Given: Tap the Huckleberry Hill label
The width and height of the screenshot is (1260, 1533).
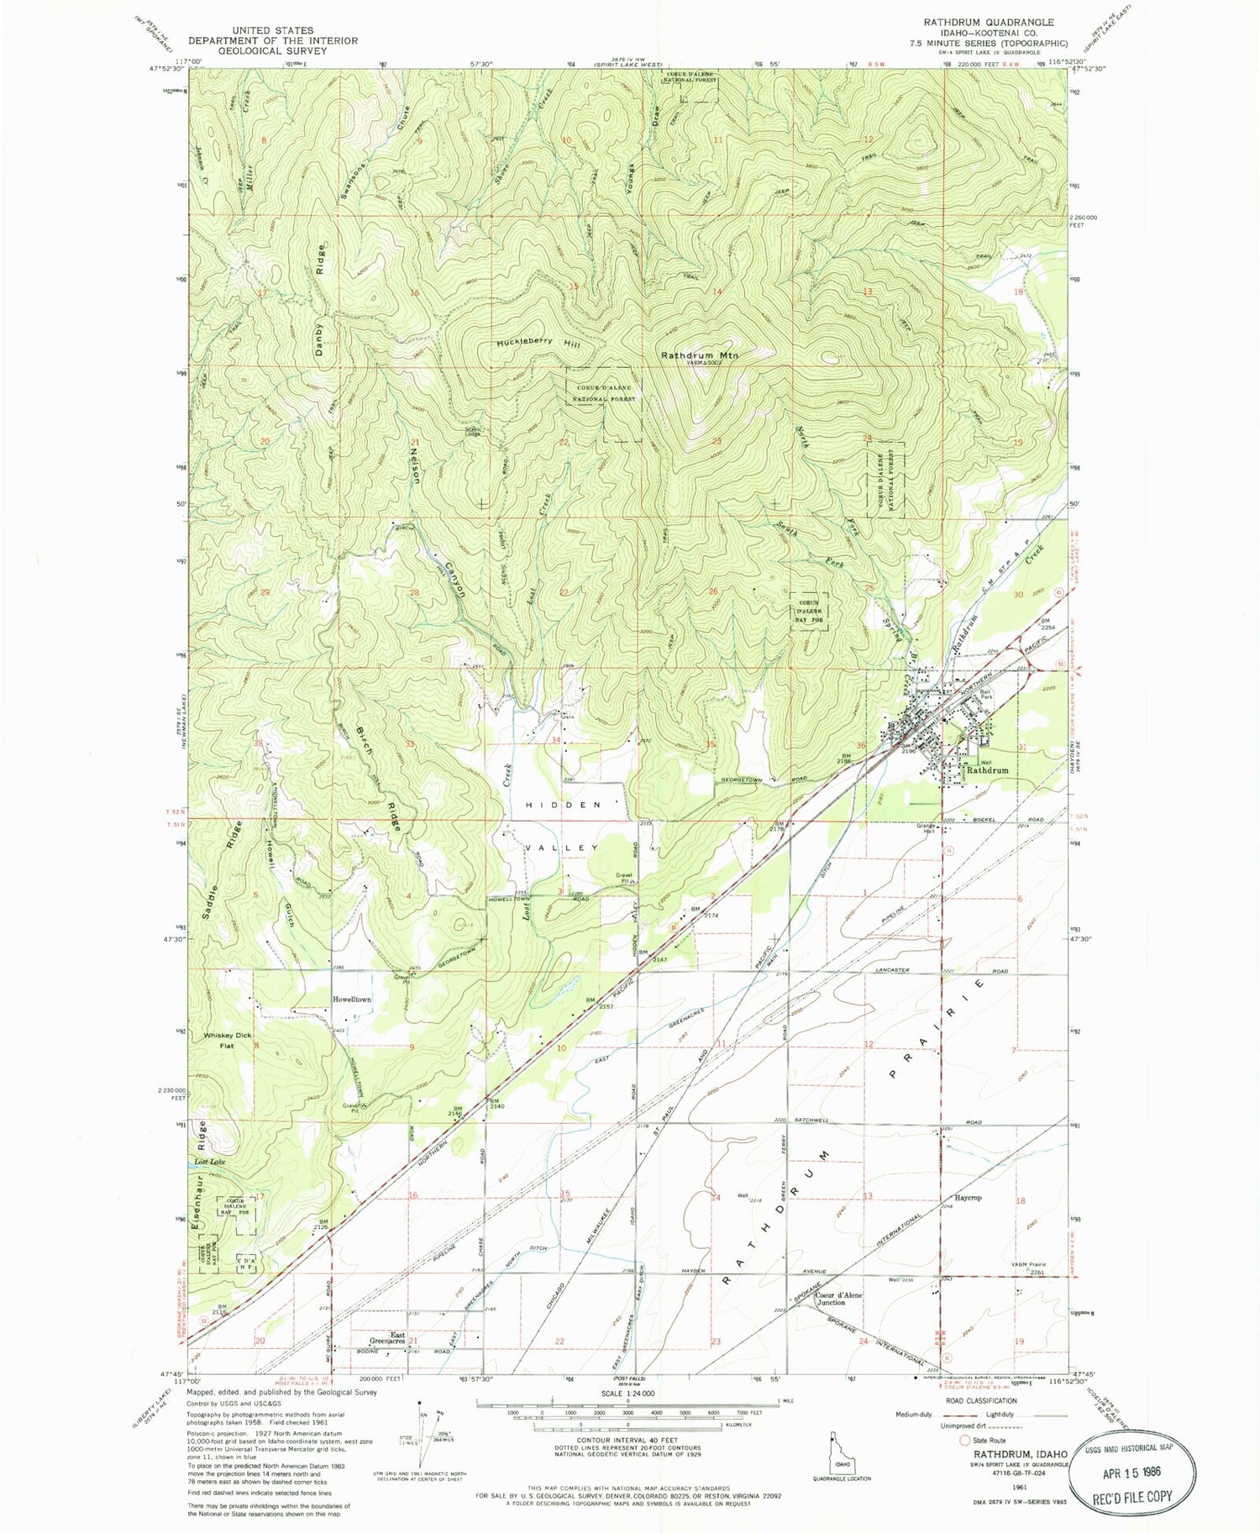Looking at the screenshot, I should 538,344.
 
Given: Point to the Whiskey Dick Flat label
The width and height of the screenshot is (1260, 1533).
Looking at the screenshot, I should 228,1041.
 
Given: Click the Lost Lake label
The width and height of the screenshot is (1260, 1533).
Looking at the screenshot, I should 210,1162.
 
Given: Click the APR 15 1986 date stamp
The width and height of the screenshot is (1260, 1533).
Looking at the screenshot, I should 1131,1473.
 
